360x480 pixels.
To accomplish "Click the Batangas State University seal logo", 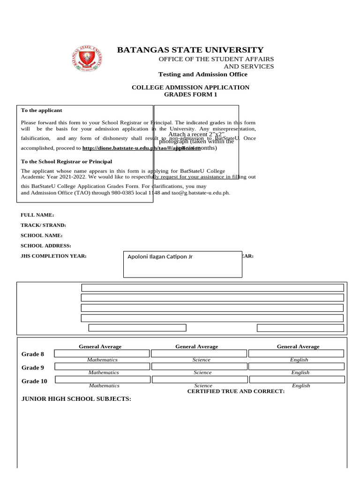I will [88, 58].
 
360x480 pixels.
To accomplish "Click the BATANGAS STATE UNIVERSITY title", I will [190, 50].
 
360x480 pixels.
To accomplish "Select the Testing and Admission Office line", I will [202, 75].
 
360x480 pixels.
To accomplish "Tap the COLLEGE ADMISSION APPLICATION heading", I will [190, 88].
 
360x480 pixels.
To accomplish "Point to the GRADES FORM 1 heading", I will [190, 95].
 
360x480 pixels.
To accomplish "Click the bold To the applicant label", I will [41, 110].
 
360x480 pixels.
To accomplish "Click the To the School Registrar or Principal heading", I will [67, 162].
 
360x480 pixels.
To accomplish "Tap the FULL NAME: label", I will [37, 215].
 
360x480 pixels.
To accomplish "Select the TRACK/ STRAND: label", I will [43, 225].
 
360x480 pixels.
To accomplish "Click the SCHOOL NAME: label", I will [41, 235].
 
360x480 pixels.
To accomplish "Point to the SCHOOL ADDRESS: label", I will [45, 246].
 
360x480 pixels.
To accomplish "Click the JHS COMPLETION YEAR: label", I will [53, 256].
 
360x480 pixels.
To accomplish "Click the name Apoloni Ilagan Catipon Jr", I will [160, 257].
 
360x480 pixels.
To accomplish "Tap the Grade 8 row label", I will [33, 354].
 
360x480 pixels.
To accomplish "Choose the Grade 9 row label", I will [33, 368].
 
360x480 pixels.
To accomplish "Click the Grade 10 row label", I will [34, 381].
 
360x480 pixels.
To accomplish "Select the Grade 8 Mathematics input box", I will [102, 353].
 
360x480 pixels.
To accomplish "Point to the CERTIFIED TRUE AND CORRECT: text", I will [236, 391].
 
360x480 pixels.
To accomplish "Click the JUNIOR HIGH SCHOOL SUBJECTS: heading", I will [76, 399].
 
